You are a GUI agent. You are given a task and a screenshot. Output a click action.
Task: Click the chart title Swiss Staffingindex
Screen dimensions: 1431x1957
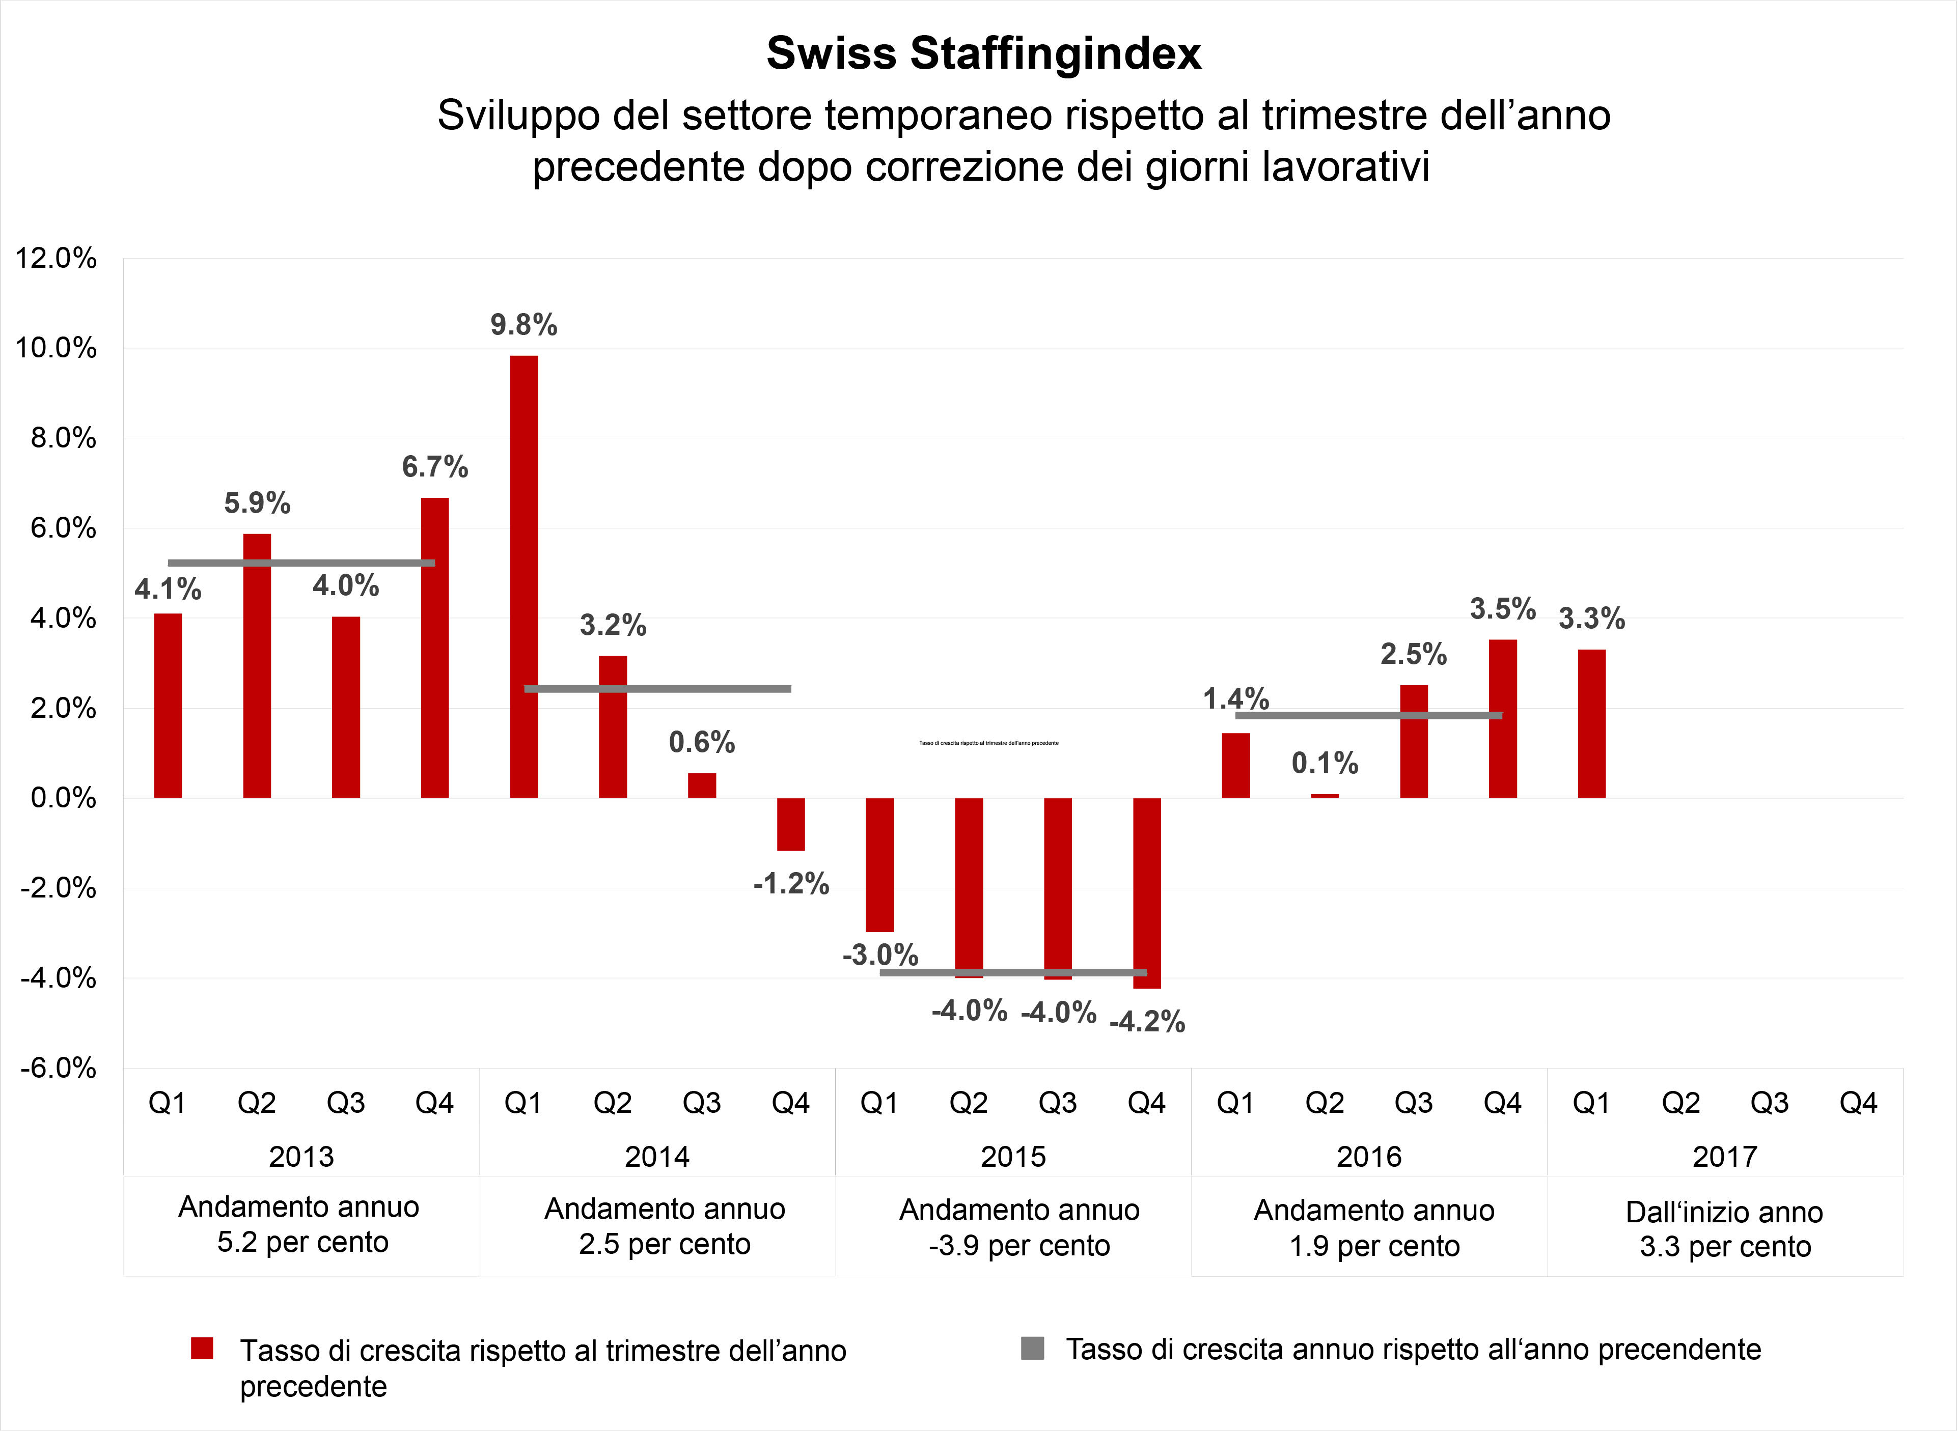[x=983, y=53]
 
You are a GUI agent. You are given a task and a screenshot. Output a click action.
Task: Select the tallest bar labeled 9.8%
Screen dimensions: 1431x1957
[x=523, y=576]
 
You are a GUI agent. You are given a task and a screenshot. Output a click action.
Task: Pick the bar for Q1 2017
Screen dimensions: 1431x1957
[x=1591, y=723]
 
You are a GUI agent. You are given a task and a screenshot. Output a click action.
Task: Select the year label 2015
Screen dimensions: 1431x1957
[x=1013, y=1157]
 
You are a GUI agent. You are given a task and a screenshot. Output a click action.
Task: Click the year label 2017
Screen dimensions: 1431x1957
[x=1725, y=1157]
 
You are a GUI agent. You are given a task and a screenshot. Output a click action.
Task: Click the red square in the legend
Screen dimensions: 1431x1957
[x=202, y=1349]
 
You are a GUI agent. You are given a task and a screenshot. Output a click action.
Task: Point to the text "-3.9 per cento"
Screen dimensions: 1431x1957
[x=1019, y=1246]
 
